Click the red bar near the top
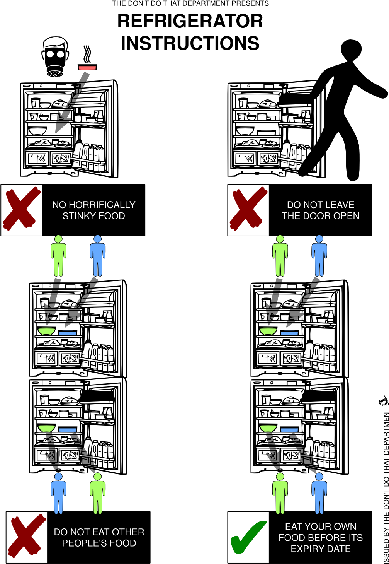[x=87, y=68]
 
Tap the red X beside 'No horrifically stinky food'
[x=21, y=209]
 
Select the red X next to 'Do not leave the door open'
[x=248, y=209]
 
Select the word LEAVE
[x=340, y=205]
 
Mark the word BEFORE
[x=321, y=538]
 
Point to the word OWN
[x=346, y=526]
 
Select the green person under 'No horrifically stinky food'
[x=58, y=256]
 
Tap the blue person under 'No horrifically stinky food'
[x=98, y=256]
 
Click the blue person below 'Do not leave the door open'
[x=319, y=256]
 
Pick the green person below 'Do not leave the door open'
[x=280, y=256]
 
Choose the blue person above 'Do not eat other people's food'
[x=58, y=494]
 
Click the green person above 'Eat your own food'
[x=280, y=494]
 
